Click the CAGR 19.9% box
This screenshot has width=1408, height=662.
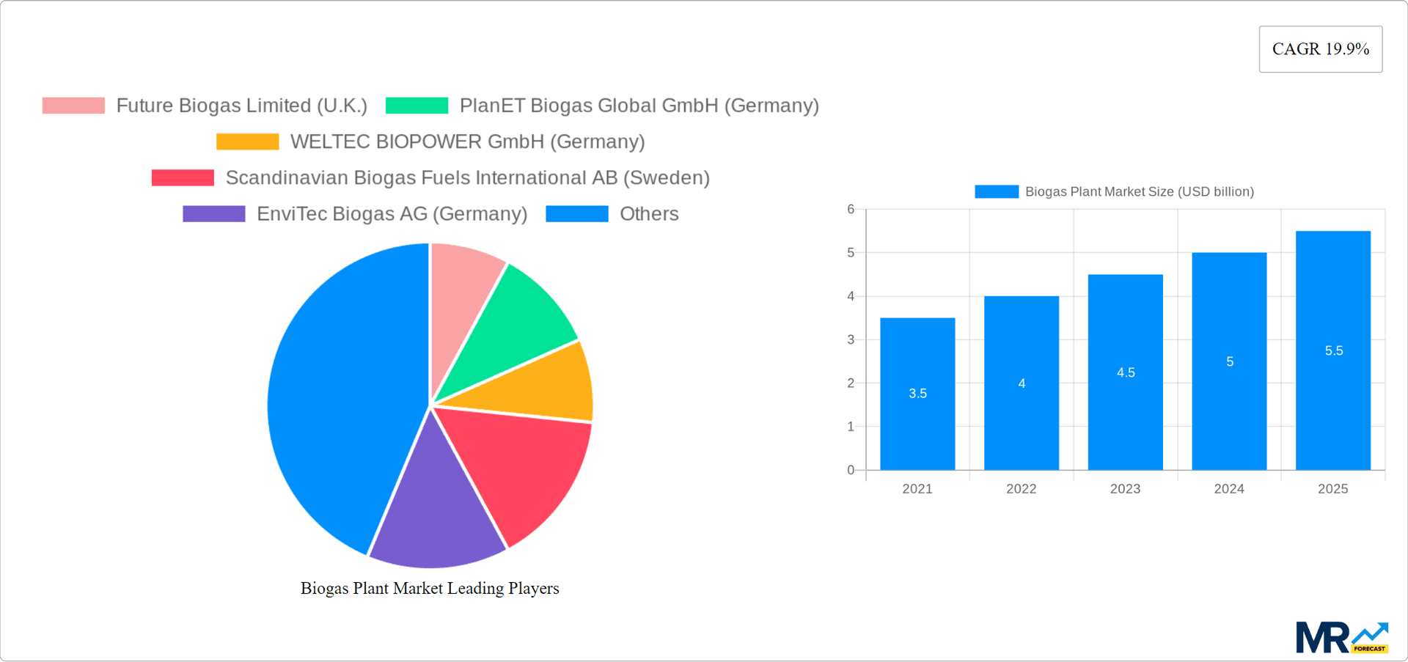point(1320,49)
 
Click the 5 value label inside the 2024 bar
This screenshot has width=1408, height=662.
point(1230,361)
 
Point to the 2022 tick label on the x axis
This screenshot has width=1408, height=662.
point(1021,489)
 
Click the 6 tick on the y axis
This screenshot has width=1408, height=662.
point(851,210)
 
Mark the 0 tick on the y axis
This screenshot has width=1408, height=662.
point(851,470)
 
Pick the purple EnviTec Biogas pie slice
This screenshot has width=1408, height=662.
point(436,513)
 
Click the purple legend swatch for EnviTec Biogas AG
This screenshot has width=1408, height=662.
point(213,214)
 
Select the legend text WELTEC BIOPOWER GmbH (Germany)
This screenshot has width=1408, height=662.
point(467,141)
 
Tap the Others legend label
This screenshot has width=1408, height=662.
point(649,214)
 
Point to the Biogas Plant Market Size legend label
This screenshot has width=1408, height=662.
point(1139,192)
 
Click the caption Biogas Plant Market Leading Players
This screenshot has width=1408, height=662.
point(430,589)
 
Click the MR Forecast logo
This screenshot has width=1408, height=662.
point(1341,638)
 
